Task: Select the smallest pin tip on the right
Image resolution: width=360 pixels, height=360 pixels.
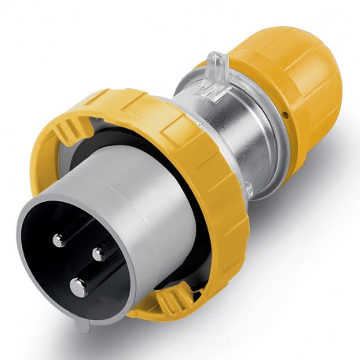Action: (99, 253)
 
